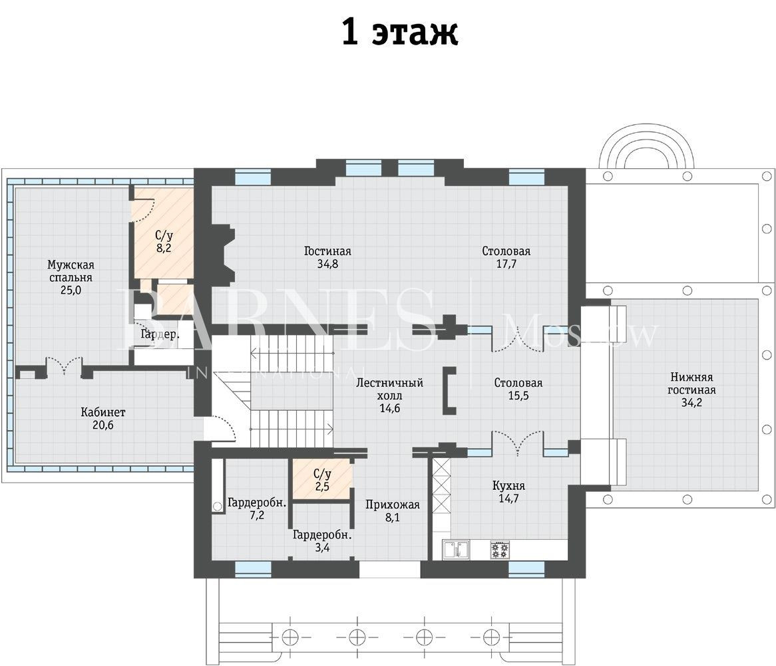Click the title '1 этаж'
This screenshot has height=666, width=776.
tap(400, 33)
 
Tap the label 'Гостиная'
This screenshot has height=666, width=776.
tap(327, 251)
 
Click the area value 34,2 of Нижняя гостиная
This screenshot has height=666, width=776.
tap(691, 403)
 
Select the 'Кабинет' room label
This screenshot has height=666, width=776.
tap(103, 412)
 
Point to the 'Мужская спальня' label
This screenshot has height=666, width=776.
tap(71, 271)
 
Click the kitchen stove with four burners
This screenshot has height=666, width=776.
tap(500, 550)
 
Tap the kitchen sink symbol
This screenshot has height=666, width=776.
tap(457, 550)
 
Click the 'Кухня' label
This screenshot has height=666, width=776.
tap(508, 485)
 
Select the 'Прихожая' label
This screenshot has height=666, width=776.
tap(393, 504)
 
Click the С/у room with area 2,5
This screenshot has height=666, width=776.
tap(322, 480)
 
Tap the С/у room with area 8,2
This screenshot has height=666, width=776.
tap(164, 233)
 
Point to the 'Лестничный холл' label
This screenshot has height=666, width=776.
tap(390, 389)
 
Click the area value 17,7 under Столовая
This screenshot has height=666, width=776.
tap(506, 264)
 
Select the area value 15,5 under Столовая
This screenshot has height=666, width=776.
tap(518, 395)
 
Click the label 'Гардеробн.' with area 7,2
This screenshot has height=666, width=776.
tap(257, 503)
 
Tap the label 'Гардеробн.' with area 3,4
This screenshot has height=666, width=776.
tap(322, 535)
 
